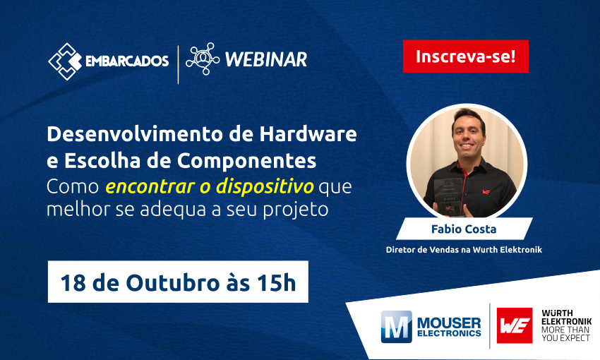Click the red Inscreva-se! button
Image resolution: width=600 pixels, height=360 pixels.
(465, 56)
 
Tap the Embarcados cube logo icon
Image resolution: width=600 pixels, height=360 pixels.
(65, 61)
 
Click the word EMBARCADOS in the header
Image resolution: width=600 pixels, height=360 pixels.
(127, 61)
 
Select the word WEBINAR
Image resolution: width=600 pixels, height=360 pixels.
(265, 59)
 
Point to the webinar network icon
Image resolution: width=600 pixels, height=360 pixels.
(203, 59)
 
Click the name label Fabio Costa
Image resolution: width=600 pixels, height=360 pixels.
(463, 229)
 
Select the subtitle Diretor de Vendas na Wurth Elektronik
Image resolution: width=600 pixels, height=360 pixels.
(464, 249)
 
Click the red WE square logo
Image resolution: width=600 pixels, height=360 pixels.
(515, 325)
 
